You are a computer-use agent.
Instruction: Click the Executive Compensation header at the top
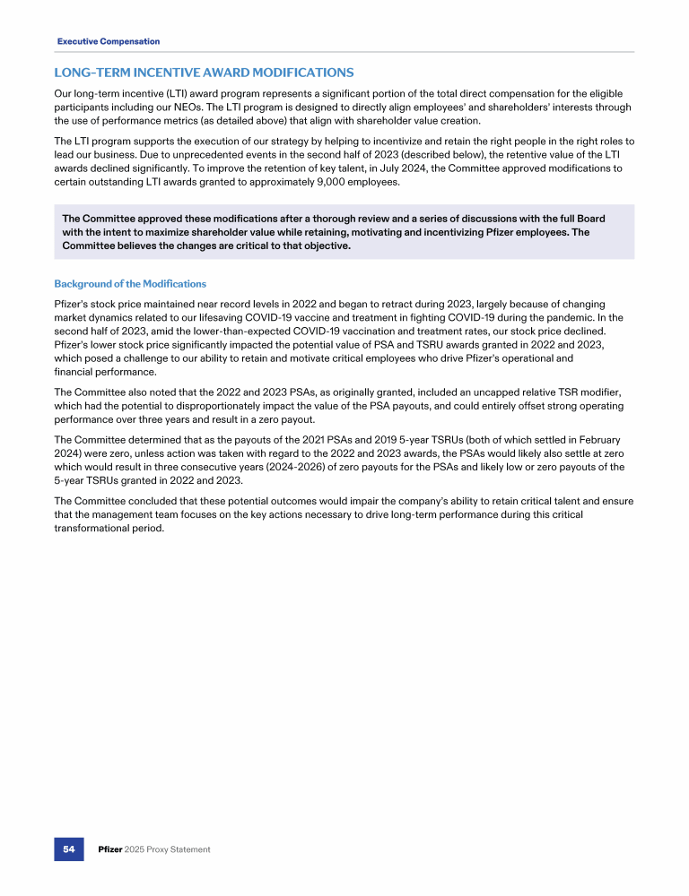tap(109, 41)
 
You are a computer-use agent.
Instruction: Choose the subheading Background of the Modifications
tap(130, 283)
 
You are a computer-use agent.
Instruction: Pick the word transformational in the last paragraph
tap(99, 528)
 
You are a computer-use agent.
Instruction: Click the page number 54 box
tap(67, 849)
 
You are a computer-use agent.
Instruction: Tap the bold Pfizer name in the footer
tap(111, 849)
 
